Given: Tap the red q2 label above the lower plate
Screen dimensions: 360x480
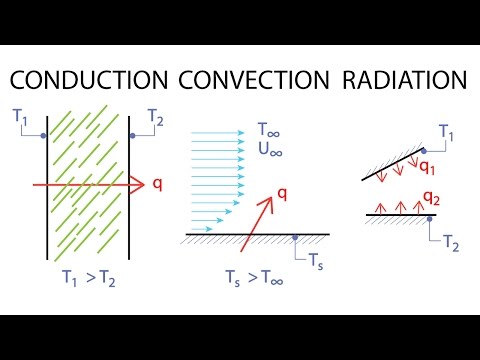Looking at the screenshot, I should coord(430,196).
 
